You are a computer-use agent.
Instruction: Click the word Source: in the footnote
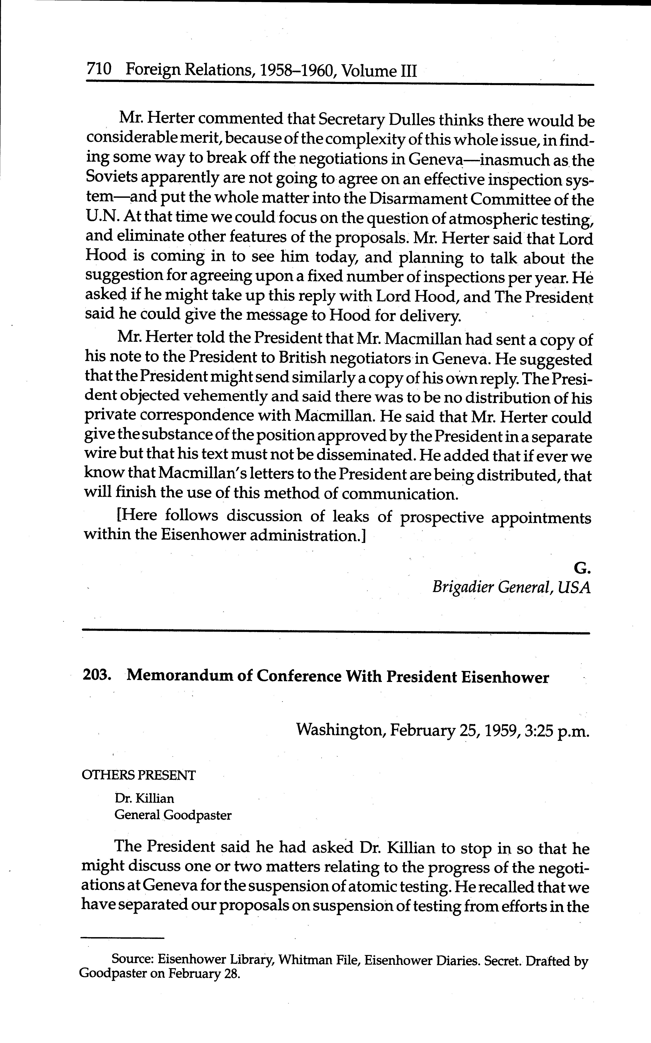pyautogui.click(x=133, y=959)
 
